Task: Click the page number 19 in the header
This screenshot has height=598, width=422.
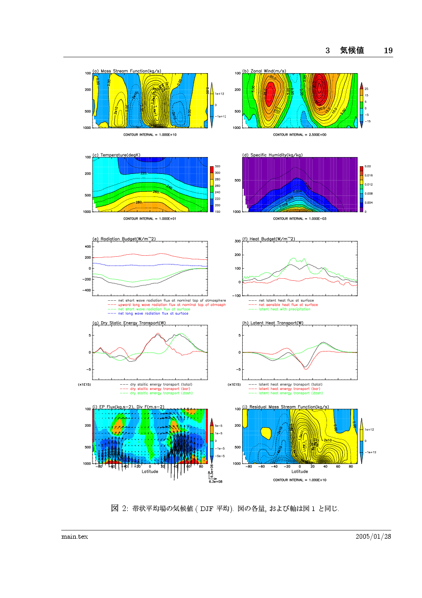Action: tap(388, 50)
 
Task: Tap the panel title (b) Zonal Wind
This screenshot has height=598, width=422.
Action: tap(264, 71)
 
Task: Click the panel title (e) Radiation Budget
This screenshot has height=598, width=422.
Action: tap(120, 239)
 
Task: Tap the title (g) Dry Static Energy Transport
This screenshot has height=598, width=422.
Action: tap(128, 323)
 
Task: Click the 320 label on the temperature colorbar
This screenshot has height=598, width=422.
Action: tap(217, 167)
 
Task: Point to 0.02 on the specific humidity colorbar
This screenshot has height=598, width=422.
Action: tap(368, 167)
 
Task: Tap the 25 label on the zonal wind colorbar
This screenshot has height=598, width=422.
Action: tap(366, 90)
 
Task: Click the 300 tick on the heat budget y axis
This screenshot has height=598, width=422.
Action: tap(237, 240)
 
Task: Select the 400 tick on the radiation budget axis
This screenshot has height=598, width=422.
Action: tap(87, 247)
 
